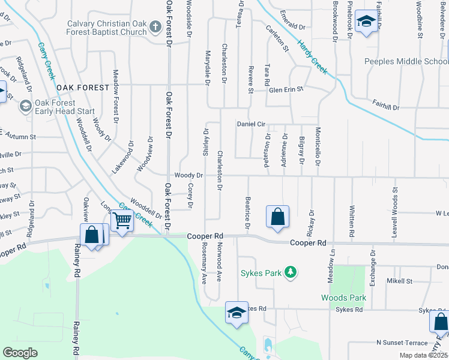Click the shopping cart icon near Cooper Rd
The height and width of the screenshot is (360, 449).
point(122,220)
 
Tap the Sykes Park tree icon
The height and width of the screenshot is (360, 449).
point(291,273)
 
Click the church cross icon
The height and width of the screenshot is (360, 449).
point(155,27)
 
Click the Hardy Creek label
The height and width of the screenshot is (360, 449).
point(312,60)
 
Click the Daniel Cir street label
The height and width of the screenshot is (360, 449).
point(252,124)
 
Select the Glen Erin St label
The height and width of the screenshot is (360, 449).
point(286,89)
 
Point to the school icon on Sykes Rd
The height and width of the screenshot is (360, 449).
point(237,312)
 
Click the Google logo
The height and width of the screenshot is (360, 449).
point(20,353)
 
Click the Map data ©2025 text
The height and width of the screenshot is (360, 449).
point(423,355)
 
